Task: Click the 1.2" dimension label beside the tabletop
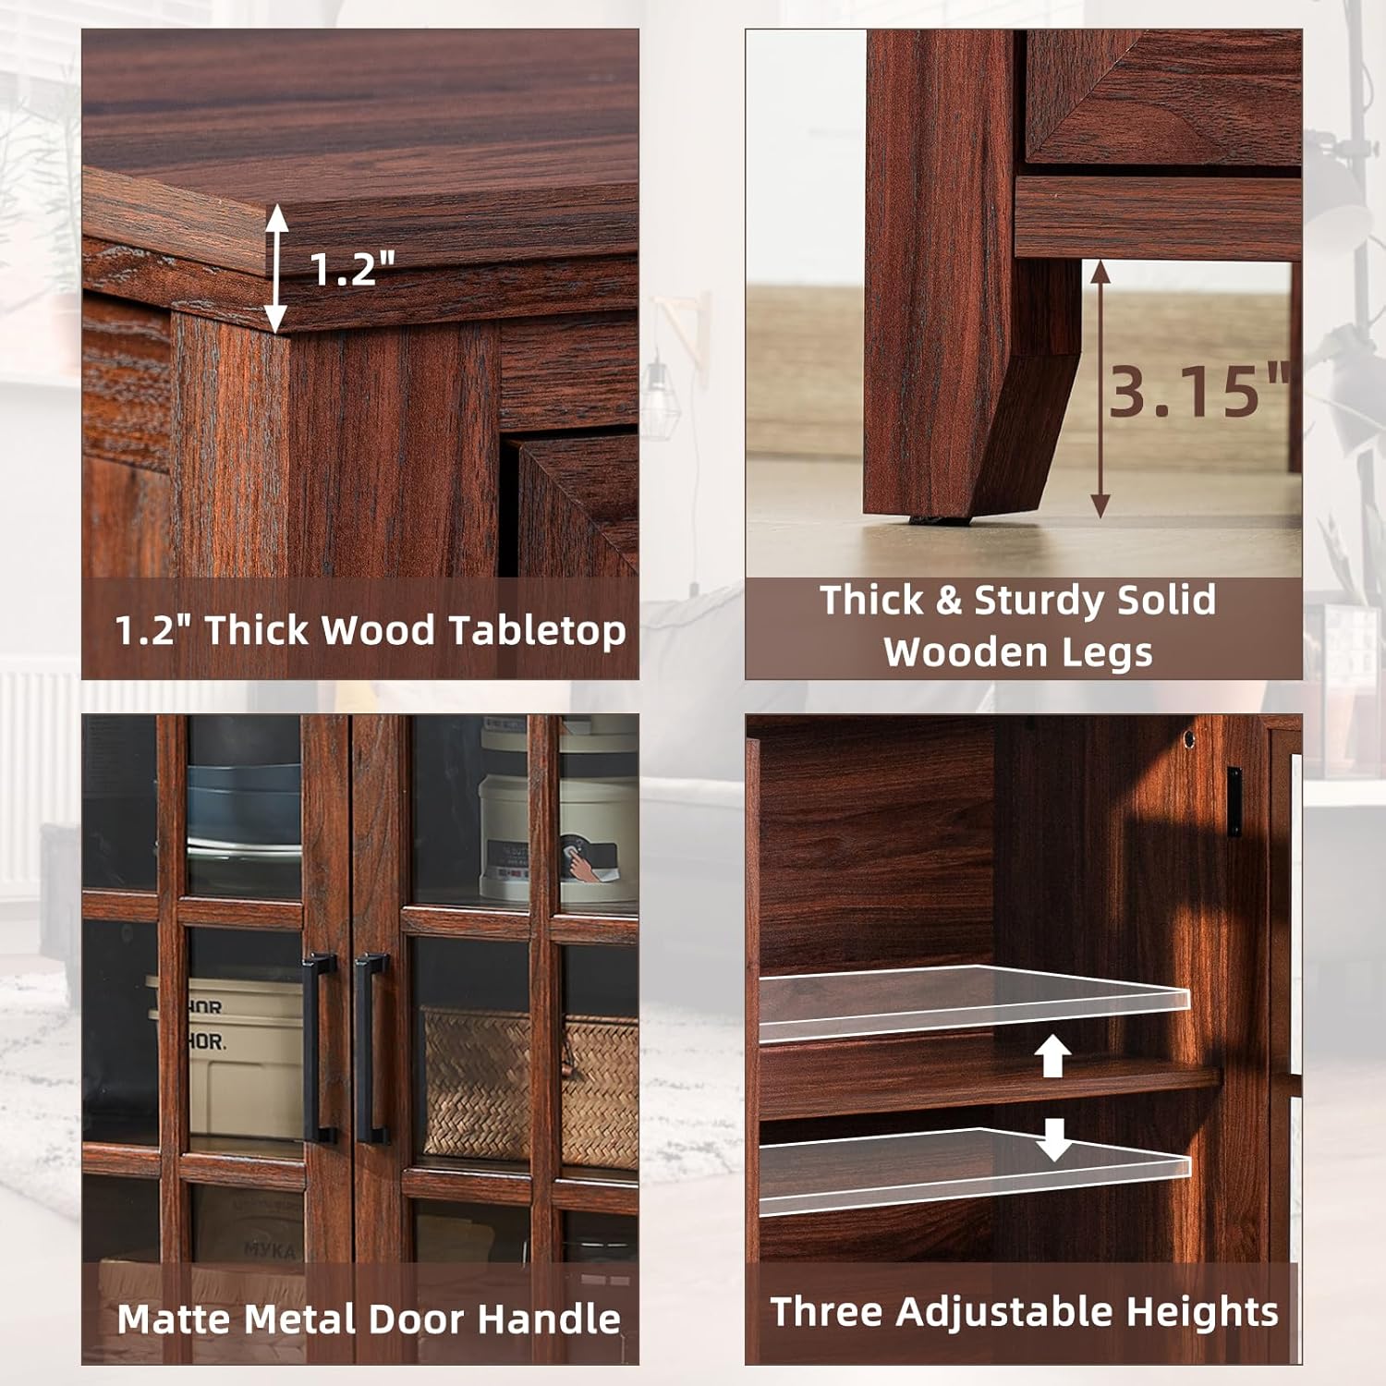tap(352, 268)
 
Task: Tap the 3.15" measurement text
tap(1198, 391)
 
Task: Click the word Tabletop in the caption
tap(538, 631)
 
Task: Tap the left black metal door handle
tap(318, 1049)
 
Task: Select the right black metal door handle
tap(371, 1049)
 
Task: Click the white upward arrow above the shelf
tap(1052, 1055)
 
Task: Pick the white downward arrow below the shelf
tap(1052, 1139)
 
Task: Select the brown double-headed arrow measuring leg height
tap(1100, 388)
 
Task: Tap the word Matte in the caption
tap(173, 1319)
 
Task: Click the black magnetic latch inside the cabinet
tap(1234, 802)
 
